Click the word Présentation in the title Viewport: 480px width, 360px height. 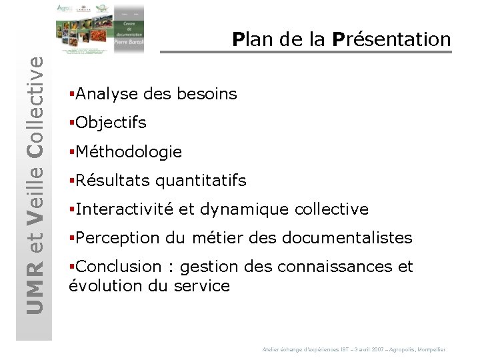point(391,39)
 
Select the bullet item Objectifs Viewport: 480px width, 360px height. point(111,123)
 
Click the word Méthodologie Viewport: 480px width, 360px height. point(129,152)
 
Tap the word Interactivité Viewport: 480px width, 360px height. point(125,209)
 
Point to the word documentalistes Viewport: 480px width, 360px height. point(347,238)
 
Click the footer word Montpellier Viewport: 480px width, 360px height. point(429,349)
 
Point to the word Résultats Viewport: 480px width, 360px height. point(113,181)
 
